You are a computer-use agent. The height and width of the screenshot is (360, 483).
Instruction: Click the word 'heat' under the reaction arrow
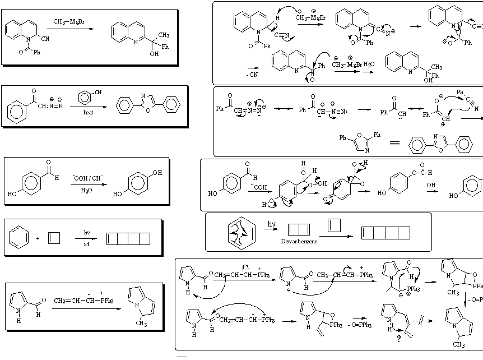(88, 112)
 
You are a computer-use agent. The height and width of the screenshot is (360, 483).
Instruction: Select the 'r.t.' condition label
(87, 245)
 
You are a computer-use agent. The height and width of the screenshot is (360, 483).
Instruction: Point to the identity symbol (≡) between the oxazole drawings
(394, 143)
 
